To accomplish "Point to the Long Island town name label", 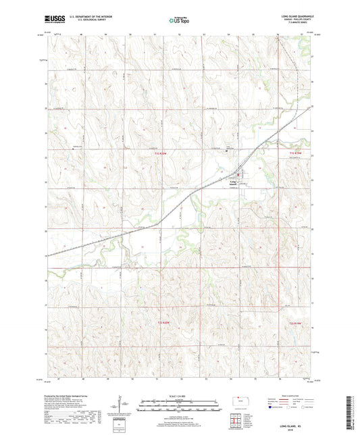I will [x=234, y=182].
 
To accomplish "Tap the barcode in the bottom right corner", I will [x=351, y=408].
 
